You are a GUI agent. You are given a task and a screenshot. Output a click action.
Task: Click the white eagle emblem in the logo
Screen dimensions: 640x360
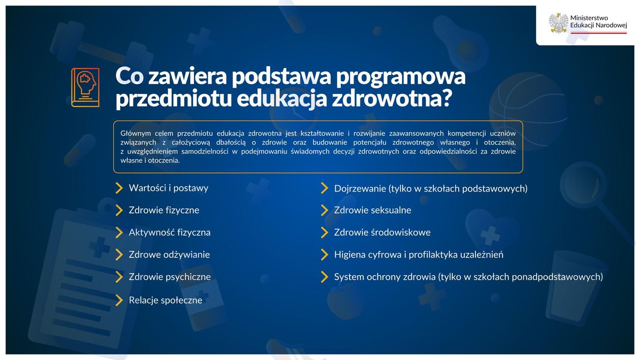click(559, 23)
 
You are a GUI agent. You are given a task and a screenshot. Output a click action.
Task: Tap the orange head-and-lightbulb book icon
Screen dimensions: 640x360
click(86, 88)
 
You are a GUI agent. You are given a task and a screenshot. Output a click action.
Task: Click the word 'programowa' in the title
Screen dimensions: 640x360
click(401, 76)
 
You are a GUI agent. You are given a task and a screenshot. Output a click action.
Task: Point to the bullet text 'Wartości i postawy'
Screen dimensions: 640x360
click(168, 188)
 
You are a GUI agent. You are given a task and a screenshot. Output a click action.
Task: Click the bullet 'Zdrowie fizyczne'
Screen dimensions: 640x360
click(164, 210)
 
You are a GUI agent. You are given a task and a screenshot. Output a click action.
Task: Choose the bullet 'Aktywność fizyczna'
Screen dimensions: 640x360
click(170, 232)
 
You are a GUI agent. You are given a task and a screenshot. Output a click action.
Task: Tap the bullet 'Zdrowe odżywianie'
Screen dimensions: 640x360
click(169, 255)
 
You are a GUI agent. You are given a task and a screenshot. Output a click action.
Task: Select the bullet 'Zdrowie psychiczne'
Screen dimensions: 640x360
click(170, 277)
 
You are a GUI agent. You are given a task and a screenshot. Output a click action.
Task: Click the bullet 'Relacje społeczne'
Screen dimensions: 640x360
click(166, 300)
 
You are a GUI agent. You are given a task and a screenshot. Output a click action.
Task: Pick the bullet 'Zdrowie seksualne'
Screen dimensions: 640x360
click(373, 210)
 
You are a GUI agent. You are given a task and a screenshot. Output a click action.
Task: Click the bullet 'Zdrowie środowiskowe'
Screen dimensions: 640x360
click(383, 232)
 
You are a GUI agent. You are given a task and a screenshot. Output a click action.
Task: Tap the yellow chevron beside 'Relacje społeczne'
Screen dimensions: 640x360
click(119, 300)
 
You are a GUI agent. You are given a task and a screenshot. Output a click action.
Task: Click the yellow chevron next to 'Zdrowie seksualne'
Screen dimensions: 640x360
click(324, 210)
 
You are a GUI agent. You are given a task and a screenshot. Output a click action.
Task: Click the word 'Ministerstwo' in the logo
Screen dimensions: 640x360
click(589, 18)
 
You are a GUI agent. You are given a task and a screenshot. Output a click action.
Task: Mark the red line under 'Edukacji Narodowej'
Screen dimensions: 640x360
click(599, 33)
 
